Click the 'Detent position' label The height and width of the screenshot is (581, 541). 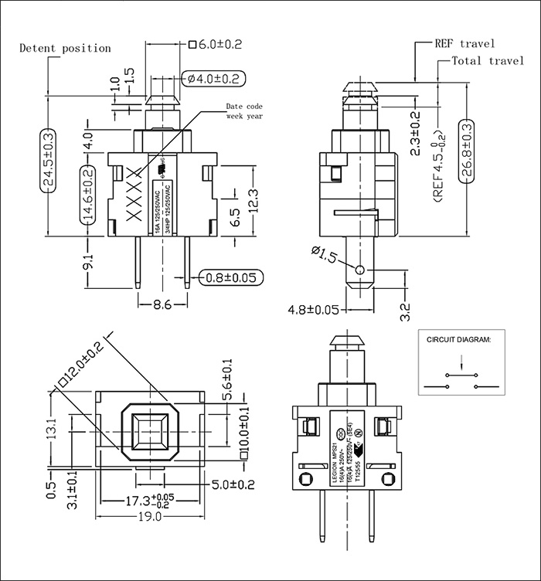tap(65, 48)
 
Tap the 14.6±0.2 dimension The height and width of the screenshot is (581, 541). tap(87, 194)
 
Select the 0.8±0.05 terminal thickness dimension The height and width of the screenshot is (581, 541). tap(230, 277)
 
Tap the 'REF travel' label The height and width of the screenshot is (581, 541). tap(464, 43)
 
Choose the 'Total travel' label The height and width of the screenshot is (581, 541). tap(488, 61)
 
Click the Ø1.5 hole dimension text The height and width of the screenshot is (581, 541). tap(323, 253)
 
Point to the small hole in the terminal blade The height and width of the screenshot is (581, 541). tap(360, 269)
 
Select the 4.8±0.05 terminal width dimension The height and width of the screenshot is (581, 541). tap(314, 310)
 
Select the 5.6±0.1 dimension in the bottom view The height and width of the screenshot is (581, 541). tap(227, 379)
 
